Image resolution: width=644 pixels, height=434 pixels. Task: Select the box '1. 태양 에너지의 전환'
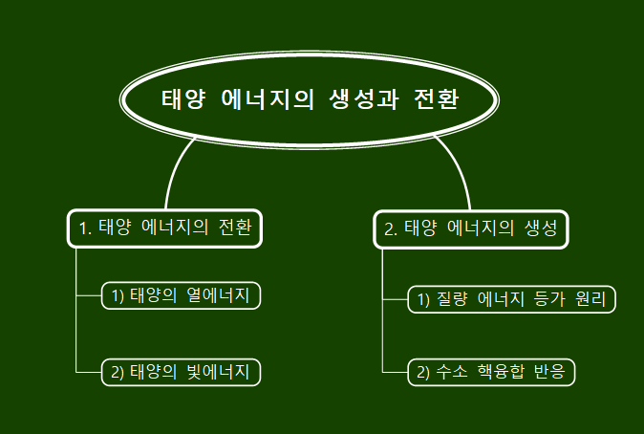[x=165, y=228]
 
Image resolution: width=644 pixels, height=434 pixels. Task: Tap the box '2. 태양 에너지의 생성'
[x=471, y=228]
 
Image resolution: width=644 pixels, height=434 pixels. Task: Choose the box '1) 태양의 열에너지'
[x=181, y=296]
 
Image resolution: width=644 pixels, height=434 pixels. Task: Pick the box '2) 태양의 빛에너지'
[x=181, y=372]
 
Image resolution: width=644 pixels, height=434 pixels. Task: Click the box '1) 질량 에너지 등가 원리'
[x=512, y=299]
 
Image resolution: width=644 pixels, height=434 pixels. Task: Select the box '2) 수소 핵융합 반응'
[x=492, y=372]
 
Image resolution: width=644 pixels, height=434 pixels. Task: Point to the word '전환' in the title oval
[x=438, y=99]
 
